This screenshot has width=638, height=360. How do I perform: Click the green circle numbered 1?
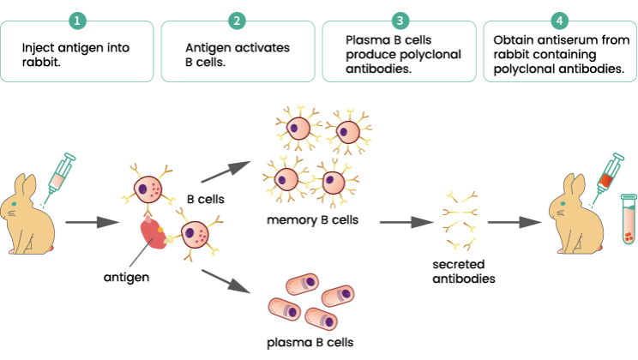pyautogui.click(x=77, y=21)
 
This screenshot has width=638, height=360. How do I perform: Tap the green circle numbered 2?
pyautogui.click(x=237, y=21)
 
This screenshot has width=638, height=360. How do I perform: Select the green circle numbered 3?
pyautogui.click(x=400, y=21)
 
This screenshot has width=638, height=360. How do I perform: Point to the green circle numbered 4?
pyautogui.click(x=559, y=21)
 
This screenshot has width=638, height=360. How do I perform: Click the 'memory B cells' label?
pyautogui.click(x=312, y=220)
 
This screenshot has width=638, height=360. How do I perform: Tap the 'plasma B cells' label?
pyautogui.click(x=310, y=343)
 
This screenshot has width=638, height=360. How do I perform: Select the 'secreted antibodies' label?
pyautogui.click(x=463, y=272)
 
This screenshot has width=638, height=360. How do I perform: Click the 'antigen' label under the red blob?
pyautogui.click(x=126, y=278)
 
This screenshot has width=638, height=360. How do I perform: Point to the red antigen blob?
pyautogui.click(x=153, y=232)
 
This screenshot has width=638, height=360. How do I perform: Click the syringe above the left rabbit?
pyautogui.click(x=59, y=177)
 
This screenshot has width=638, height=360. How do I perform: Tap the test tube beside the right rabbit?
pyautogui.click(x=629, y=219)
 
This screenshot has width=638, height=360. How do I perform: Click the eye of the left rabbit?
pyautogui.click(x=15, y=204)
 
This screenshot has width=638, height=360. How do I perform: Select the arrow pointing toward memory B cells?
pyautogui.click(x=226, y=171)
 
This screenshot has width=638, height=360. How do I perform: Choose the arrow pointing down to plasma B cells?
pyautogui.click(x=226, y=281)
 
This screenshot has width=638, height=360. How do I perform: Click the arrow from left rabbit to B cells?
pyautogui.click(x=93, y=222)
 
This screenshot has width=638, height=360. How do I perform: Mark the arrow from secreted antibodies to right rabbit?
pyautogui.click(x=515, y=222)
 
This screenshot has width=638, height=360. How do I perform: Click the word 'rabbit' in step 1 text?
pyautogui.click(x=41, y=63)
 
